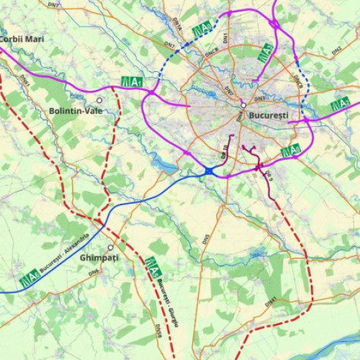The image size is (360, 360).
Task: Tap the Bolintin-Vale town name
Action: click(x=76, y=111)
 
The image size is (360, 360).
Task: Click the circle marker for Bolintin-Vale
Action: click(x=99, y=100)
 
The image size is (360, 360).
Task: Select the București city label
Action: click(x=268, y=115)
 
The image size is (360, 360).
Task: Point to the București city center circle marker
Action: click(x=244, y=104)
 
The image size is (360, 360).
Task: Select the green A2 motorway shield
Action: click(x=340, y=106)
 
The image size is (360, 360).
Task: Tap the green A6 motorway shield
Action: click(x=30, y=276)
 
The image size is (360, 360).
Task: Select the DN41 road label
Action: click(x=271, y=302)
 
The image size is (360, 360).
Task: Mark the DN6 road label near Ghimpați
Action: click(x=94, y=272)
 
